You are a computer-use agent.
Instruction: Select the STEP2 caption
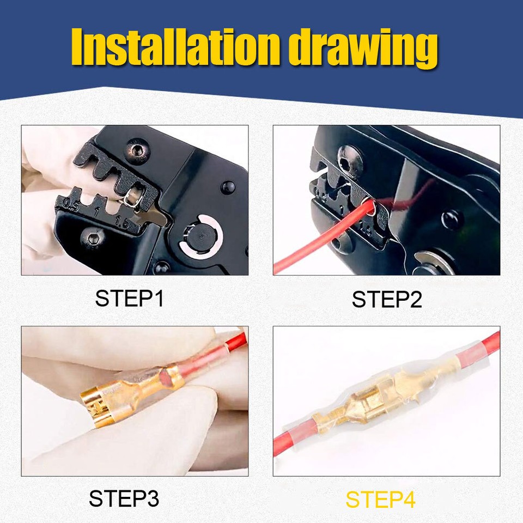386,299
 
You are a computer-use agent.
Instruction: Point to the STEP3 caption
124,498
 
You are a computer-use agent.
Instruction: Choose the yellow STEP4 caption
381,499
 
